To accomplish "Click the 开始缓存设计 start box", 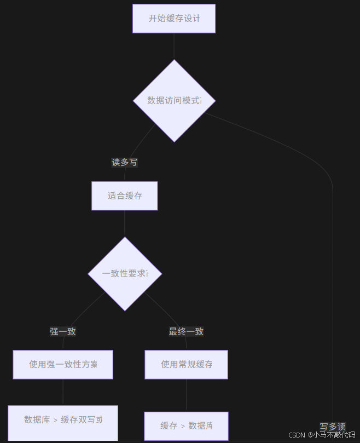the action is pyautogui.click(x=174, y=19).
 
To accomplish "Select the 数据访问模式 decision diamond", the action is pyautogui.click(x=174, y=101).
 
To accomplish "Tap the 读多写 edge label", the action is pyautogui.click(x=125, y=162).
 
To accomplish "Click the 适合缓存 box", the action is pyautogui.click(x=125, y=196).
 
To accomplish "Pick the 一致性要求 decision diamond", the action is pyautogui.click(x=125, y=274).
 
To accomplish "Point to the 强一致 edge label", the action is pyautogui.click(x=63, y=331).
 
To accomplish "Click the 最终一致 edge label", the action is pyautogui.click(x=186, y=331).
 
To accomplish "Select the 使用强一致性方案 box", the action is pyautogui.click(x=63, y=365).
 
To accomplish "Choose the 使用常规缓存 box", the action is pyautogui.click(x=186, y=365).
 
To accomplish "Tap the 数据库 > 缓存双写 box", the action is pyautogui.click(x=63, y=420).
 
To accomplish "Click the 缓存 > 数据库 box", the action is pyautogui.click(x=186, y=425).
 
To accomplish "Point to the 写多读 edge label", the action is pyautogui.click(x=333, y=427).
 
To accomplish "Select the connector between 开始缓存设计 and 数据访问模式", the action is pyautogui.click(x=174, y=46).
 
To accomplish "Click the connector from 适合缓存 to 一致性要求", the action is pyautogui.click(x=125, y=223).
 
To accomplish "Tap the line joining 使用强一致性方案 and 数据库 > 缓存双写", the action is pyautogui.click(x=63, y=392).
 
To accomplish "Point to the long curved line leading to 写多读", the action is pyautogui.click(x=332, y=274).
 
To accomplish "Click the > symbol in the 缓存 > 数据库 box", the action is pyautogui.click(x=183, y=426).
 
